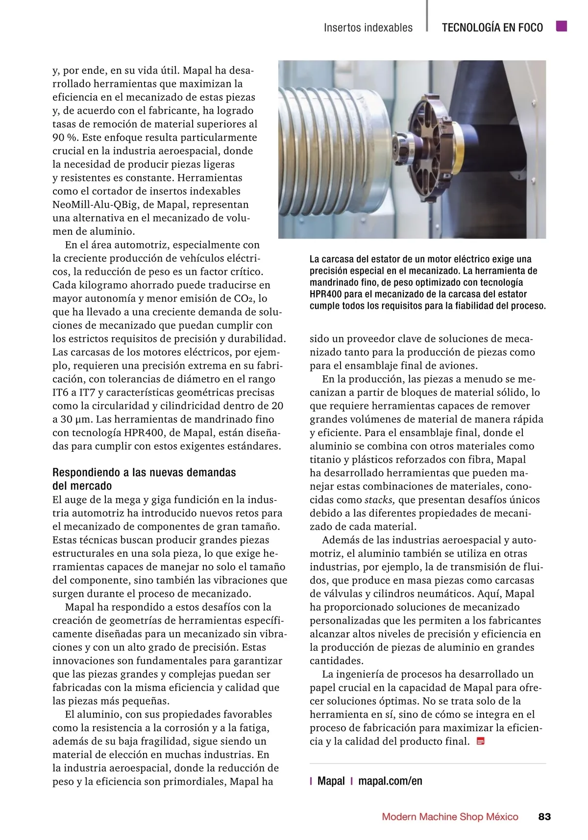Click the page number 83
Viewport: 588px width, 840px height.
(544, 816)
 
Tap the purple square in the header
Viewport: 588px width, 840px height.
(562, 26)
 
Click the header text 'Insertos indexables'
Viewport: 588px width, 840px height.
(368, 28)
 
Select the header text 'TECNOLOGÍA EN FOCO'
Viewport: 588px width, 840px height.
(492, 28)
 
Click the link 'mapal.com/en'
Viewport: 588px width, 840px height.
(390, 781)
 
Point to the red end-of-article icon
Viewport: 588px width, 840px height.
(481, 741)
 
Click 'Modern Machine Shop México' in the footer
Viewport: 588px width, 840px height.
(450, 817)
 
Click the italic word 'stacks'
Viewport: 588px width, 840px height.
(380, 500)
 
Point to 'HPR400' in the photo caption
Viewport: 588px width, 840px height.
(326, 295)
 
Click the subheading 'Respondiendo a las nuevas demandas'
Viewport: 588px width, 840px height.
(144, 473)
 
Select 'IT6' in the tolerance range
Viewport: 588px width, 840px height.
(61, 393)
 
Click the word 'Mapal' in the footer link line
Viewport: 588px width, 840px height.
(331, 781)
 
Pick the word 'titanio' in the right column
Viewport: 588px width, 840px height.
(326, 460)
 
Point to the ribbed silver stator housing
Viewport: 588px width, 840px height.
(333, 147)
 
